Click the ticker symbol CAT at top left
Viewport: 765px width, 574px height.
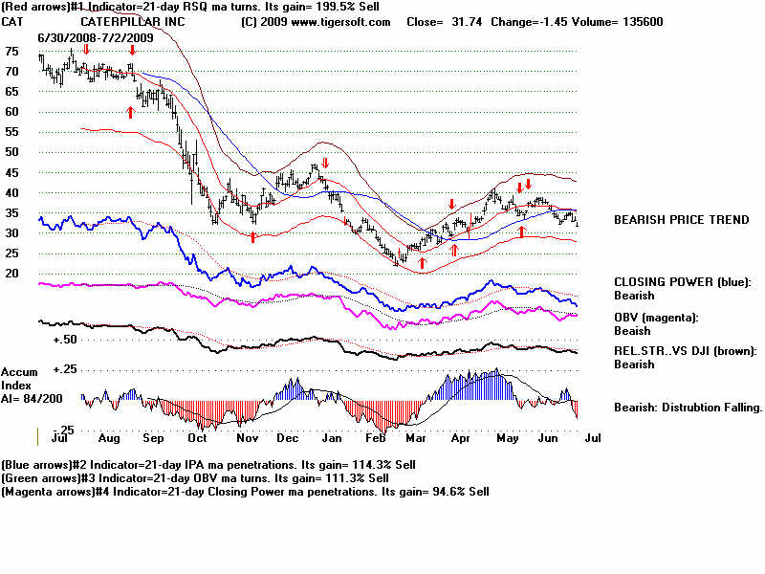pos(13,21)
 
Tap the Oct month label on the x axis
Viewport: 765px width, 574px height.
pos(199,438)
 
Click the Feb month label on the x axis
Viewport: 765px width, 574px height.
pos(376,438)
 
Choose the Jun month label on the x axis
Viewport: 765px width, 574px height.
pos(549,438)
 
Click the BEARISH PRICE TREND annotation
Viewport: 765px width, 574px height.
pos(681,220)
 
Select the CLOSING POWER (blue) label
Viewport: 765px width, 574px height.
pos(682,282)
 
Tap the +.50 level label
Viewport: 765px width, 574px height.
pos(66,340)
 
